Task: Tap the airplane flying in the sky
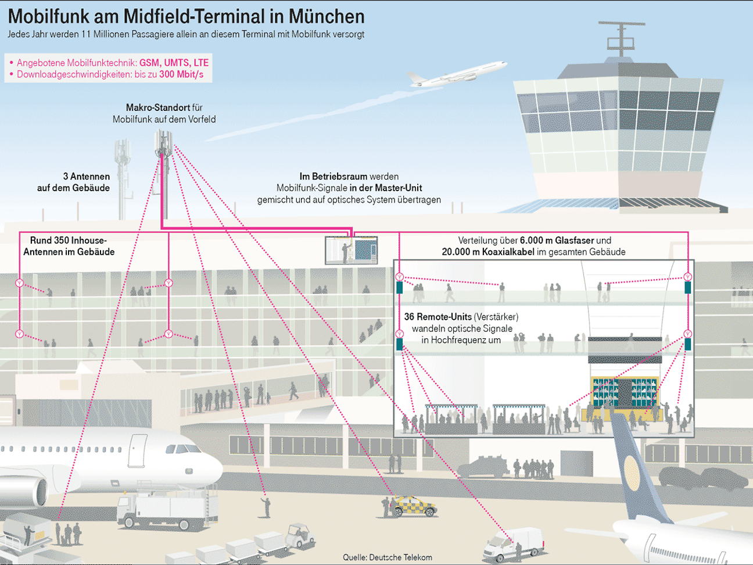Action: [456, 74]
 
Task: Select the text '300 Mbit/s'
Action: [181, 74]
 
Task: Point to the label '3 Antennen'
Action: [86, 176]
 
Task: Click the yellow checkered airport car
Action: [414, 506]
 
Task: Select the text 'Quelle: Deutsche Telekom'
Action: [387, 557]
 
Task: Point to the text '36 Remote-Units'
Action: [438, 317]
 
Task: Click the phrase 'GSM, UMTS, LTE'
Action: [174, 63]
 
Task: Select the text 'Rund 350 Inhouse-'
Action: [69, 240]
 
